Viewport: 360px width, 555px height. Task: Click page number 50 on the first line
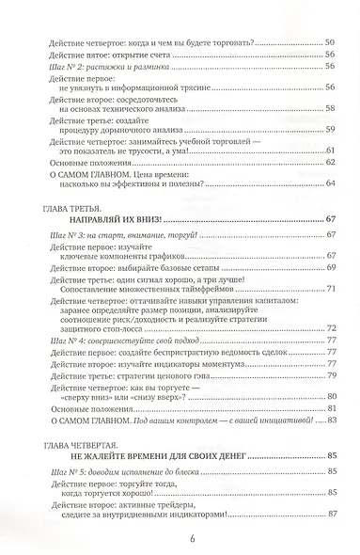[329, 44]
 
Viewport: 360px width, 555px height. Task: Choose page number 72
[329, 328]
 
